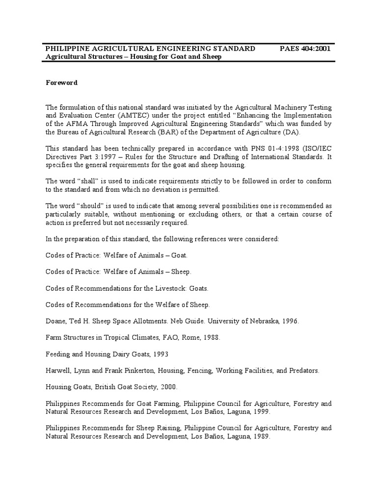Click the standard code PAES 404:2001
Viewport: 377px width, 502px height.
(305, 49)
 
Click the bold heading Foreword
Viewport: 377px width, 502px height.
(61, 83)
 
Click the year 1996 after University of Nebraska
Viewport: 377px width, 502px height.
(289, 321)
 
